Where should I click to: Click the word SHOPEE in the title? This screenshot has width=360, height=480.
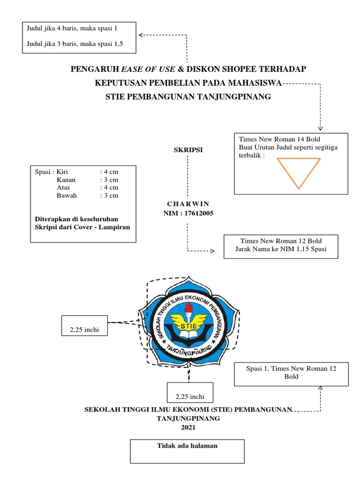coord(234,70)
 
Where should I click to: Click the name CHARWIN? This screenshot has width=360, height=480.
coord(187,204)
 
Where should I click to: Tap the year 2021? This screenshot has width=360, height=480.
coord(187,427)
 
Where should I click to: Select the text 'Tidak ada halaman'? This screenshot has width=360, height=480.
coord(187,446)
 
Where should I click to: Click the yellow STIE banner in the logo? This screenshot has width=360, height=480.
coord(187,326)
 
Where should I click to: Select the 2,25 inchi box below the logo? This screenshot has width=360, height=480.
coord(190,397)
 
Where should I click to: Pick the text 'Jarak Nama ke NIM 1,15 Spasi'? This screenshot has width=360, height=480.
coord(280,249)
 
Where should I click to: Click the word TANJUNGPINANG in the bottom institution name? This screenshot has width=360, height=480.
coord(187,419)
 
